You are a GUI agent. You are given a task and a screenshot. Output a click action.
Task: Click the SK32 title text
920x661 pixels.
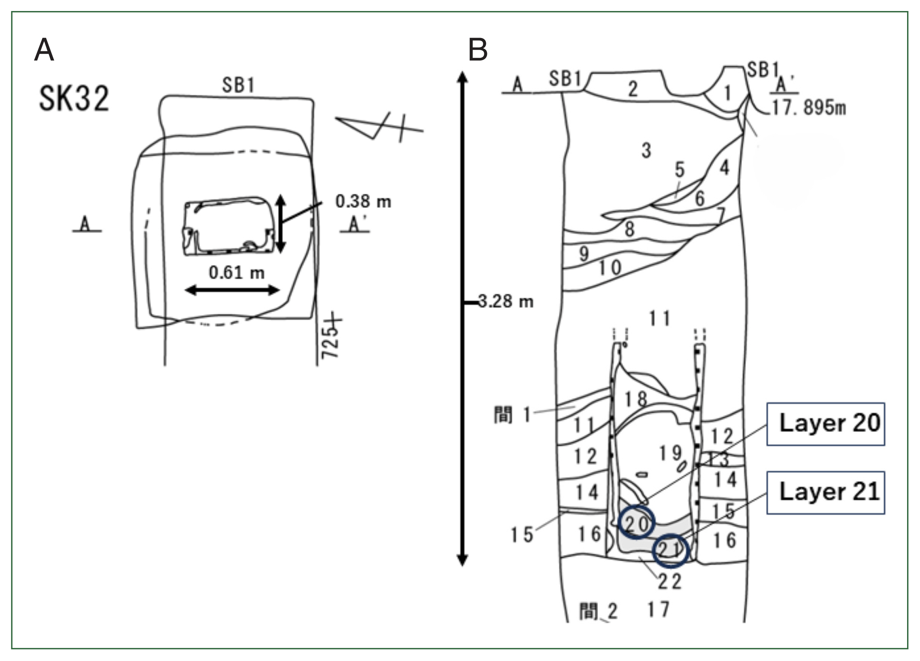tap(74, 99)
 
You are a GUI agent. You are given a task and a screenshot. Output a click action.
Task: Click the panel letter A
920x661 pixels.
tap(44, 49)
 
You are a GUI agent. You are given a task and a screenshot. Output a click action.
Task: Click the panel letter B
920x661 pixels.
tap(477, 50)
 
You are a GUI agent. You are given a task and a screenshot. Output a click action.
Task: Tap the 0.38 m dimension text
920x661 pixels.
tap(363, 202)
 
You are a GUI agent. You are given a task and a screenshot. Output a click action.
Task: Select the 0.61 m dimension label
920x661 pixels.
tap(237, 273)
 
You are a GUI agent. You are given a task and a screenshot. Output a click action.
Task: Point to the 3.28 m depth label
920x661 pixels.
tap(506, 301)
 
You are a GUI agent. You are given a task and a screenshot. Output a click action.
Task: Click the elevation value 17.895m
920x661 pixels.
tap(808, 108)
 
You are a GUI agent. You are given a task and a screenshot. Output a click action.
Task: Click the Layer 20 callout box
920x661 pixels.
tap(825, 423)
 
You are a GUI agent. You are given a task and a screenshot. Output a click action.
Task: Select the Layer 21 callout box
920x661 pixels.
tap(825, 492)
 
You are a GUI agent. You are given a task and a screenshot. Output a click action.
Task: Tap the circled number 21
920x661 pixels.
tap(670, 550)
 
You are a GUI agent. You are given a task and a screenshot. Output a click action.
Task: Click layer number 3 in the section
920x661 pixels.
tap(646, 150)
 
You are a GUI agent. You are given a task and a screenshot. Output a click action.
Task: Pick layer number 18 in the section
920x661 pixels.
tap(635, 399)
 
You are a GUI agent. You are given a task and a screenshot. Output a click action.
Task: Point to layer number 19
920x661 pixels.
tap(670, 453)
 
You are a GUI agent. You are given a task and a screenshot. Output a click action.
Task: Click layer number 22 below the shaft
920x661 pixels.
tap(669, 582)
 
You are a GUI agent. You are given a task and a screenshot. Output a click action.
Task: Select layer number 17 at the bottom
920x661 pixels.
tap(658, 609)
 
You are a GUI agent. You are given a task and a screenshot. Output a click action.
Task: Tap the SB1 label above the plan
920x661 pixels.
tap(238, 85)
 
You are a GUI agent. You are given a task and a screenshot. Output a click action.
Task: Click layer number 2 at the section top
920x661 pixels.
tap(633, 89)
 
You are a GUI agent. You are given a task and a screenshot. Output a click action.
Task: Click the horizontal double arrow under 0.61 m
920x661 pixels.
tap(232, 290)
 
